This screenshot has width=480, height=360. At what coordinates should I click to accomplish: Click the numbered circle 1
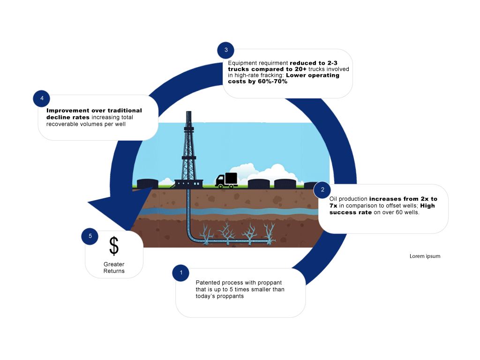click(181, 273)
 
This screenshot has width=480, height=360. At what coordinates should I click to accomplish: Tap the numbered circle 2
click(322, 189)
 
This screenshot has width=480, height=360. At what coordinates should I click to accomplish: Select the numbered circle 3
click(226, 50)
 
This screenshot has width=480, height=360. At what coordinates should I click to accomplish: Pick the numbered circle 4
click(42, 98)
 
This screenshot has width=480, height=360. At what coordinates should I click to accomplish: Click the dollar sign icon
click(114, 246)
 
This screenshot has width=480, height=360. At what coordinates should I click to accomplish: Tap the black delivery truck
click(226, 180)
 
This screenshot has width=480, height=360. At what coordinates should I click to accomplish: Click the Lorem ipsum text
click(425, 256)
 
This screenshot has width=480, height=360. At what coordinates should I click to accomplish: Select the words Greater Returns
click(114, 268)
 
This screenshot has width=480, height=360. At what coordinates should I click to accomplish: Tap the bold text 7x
click(334, 206)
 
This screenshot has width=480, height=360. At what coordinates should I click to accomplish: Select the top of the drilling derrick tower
click(188, 114)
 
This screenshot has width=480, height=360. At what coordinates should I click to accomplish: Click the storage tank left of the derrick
click(147, 184)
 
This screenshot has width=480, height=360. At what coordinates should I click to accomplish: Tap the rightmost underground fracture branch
click(269, 232)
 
